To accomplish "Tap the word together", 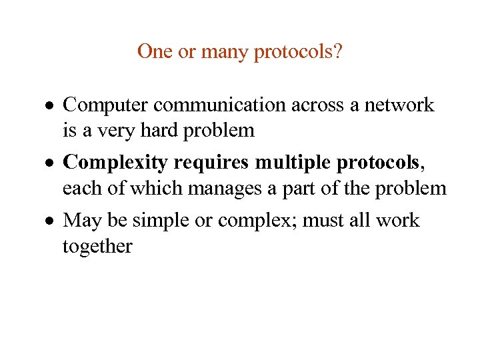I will pyautogui.click(x=97, y=246).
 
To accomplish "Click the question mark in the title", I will pyautogui.click(x=338, y=51).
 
